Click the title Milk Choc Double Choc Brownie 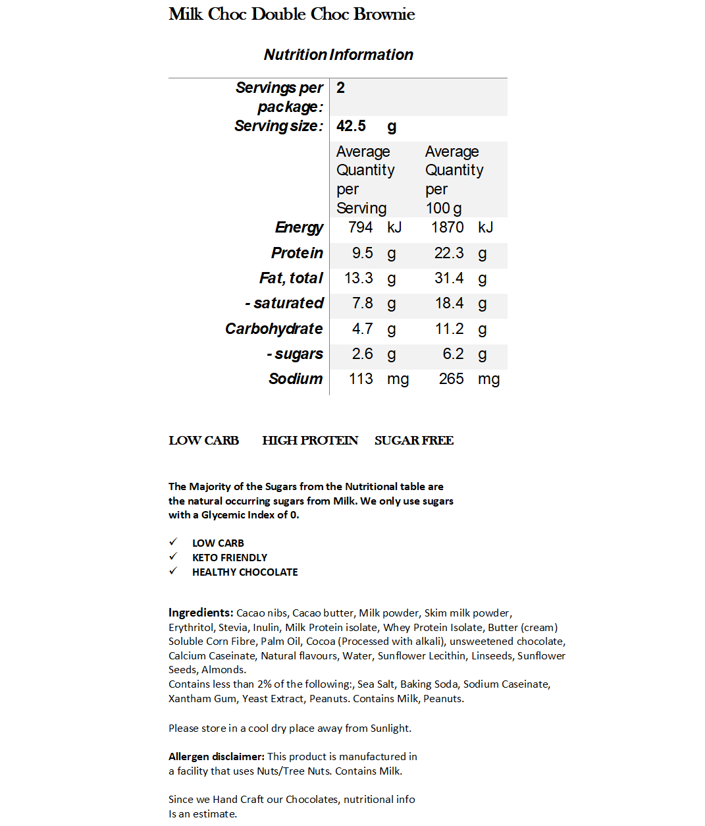pyautogui.click(x=292, y=14)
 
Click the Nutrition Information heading pyautogui.click(x=338, y=55)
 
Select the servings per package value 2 pyautogui.click(x=340, y=88)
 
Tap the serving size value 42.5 pyautogui.click(x=351, y=126)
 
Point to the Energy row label pyautogui.click(x=299, y=228)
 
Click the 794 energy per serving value pyautogui.click(x=360, y=228)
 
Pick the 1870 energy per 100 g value pyautogui.click(x=447, y=228)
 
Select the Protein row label pyautogui.click(x=297, y=253)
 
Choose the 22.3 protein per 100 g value pyautogui.click(x=449, y=253)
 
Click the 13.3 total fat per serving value pyautogui.click(x=359, y=278)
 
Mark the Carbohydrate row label pyautogui.click(x=274, y=329)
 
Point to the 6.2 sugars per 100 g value pyautogui.click(x=453, y=354)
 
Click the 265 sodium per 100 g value pyautogui.click(x=451, y=379)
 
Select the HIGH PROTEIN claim pyautogui.click(x=310, y=440)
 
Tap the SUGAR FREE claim pyautogui.click(x=414, y=440)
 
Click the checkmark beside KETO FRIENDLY pyautogui.click(x=173, y=557)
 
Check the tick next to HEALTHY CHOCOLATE pyautogui.click(x=173, y=571)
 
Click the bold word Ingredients pyautogui.click(x=201, y=613)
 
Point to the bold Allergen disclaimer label pyautogui.click(x=216, y=756)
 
